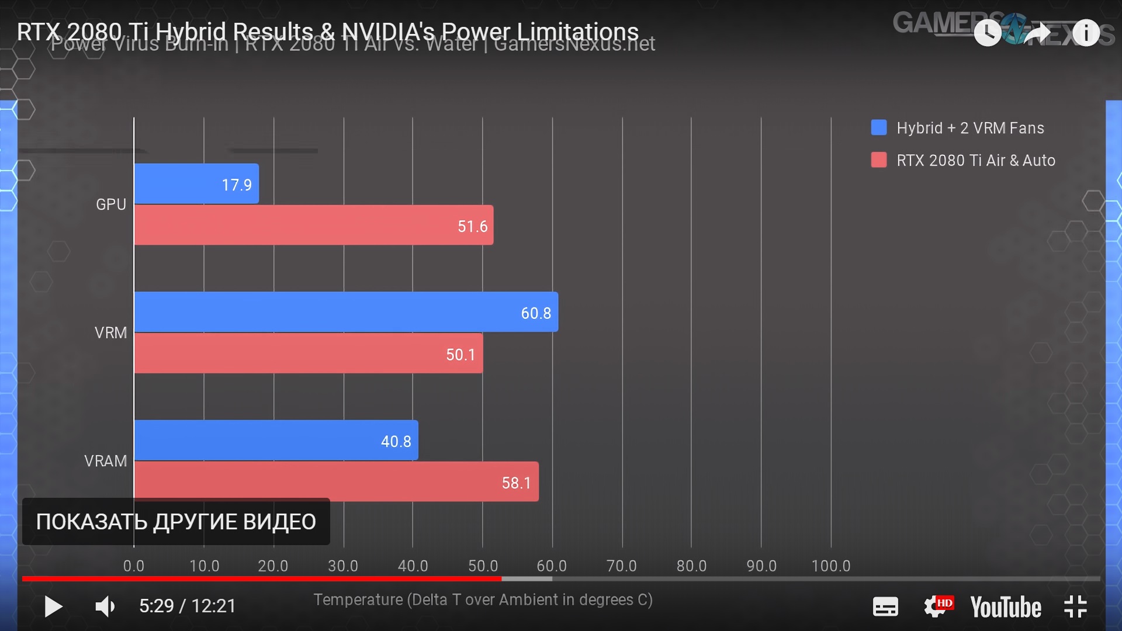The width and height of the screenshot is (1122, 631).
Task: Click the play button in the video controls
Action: [x=53, y=606]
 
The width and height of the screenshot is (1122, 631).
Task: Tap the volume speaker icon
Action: [x=105, y=606]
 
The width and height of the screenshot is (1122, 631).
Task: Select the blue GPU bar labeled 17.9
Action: [x=196, y=184]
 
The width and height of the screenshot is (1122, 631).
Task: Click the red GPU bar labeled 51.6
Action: [x=313, y=225]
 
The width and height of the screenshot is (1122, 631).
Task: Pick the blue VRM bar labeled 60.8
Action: [x=345, y=312]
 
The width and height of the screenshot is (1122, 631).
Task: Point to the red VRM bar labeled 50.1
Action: [x=308, y=353]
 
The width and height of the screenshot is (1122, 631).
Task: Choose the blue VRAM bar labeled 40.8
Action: [x=276, y=441]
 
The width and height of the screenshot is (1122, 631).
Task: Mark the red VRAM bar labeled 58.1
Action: [x=336, y=482]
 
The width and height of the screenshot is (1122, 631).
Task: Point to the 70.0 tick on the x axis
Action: [x=621, y=566]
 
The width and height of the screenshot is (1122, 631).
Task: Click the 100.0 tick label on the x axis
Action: [x=830, y=566]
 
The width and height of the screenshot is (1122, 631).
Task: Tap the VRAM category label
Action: [x=105, y=461]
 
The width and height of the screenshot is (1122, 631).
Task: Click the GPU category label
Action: [x=111, y=204]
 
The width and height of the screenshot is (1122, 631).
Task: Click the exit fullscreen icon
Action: [x=1075, y=606]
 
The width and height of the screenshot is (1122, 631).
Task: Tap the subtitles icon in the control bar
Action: [x=885, y=606]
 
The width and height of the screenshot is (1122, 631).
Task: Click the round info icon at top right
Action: [x=1086, y=33]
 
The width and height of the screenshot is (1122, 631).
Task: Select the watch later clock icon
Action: [x=988, y=33]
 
